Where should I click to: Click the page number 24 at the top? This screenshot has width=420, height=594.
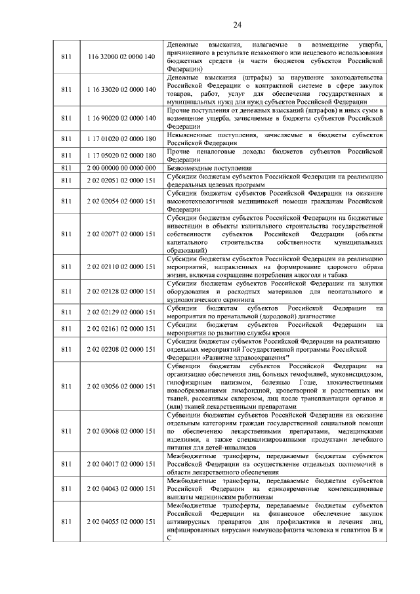237,25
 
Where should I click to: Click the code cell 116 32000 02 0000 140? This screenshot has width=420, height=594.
121,57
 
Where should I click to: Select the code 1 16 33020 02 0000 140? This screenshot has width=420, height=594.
121,89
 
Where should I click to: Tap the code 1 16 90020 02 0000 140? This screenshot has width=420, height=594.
121,117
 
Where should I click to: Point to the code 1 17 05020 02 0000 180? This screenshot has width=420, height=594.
121,155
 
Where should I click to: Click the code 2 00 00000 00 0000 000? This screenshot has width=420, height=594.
121,167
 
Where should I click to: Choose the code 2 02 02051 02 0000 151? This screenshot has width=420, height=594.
121,180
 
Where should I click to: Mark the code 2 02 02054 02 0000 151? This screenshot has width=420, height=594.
121,201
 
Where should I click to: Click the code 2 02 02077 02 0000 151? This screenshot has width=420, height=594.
121,234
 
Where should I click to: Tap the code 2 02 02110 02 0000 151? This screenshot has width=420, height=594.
121,267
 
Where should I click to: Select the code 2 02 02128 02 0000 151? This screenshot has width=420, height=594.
121,291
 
